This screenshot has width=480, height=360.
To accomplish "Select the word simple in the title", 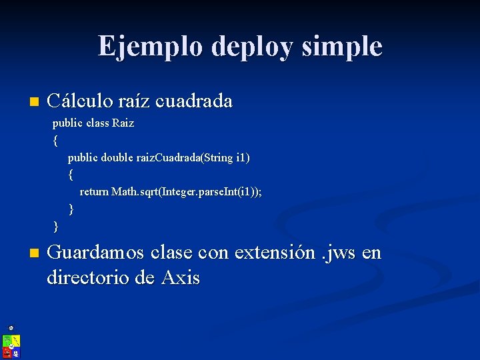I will [343, 47].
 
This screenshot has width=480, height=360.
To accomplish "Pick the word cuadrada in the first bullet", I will [193, 101].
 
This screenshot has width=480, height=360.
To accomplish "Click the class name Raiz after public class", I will [123, 123].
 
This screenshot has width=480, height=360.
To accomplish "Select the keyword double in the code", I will [117, 158].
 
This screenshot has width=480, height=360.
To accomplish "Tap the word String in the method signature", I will [217, 158].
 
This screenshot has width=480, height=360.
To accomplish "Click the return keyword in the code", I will [94, 192].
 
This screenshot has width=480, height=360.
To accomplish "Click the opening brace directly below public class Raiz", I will [55, 141].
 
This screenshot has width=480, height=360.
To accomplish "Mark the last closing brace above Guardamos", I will [55, 226].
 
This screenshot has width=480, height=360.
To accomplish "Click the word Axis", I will [180, 277].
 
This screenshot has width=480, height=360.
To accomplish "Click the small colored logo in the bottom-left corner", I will [11, 345].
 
